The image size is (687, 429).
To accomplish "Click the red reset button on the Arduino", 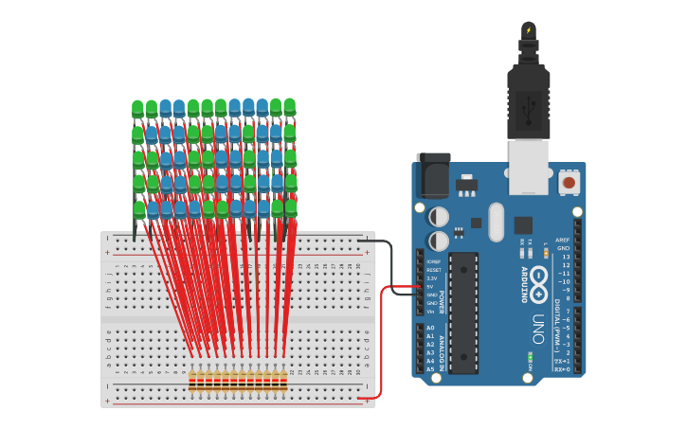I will coord(569,182).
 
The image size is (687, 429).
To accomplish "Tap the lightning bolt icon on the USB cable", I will coord(529,30).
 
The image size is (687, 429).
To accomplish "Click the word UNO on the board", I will coord(537,328).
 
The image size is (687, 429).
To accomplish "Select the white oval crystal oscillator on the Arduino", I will coord(497,222).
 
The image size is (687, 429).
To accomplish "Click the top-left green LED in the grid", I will coord(137,109).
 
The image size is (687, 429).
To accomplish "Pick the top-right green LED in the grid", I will coord(289,107).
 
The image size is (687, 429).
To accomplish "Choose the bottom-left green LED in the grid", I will coord(139,208).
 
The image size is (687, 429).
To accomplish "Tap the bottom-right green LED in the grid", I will coord(291,206).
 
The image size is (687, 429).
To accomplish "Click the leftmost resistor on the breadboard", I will coord(192,381).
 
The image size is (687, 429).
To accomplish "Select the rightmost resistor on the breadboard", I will coord(283,381).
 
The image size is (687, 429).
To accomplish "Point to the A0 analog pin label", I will coord(430,328).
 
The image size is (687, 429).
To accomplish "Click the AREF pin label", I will coord(563,240).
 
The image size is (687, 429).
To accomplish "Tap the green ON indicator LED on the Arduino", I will coord(530,356).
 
